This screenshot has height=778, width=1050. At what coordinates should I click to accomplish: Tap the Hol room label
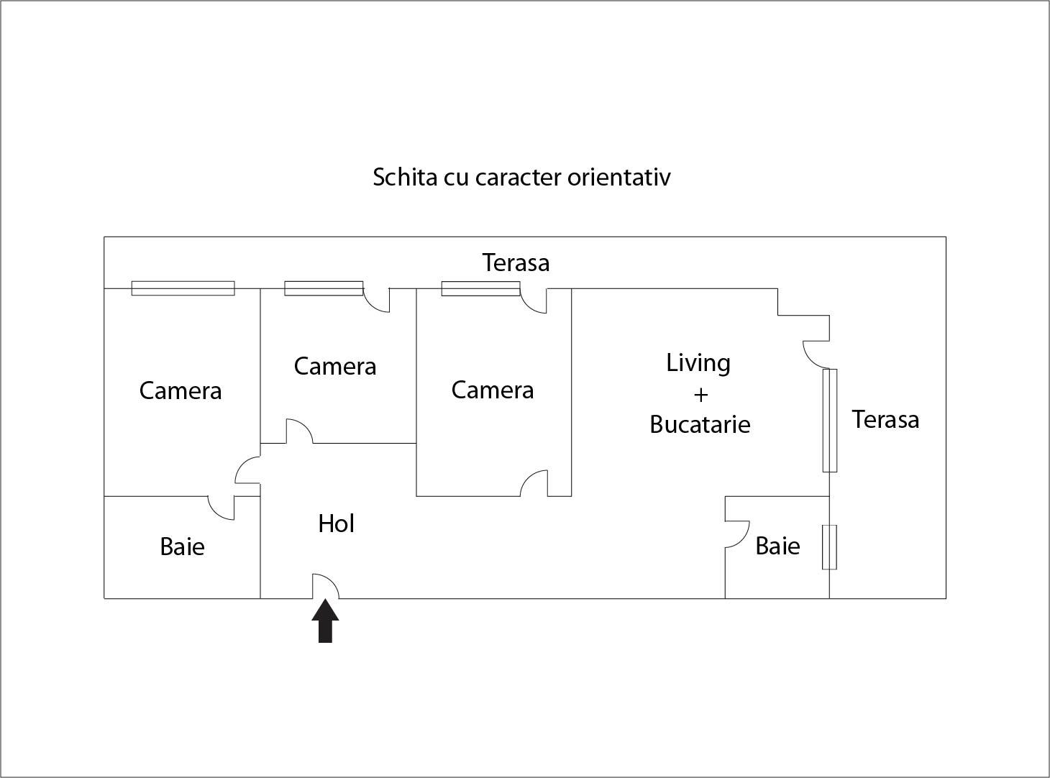(336, 523)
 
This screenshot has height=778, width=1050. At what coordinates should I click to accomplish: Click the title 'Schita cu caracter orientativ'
(521, 177)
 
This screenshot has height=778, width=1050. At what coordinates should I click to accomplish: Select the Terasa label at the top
(516, 262)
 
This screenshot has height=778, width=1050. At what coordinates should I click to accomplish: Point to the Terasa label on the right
(885, 419)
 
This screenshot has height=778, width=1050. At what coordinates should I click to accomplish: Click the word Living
(698, 362)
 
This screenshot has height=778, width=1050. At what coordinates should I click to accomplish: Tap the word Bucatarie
(700, 424)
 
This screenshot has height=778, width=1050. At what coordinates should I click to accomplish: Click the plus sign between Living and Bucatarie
(700, 395)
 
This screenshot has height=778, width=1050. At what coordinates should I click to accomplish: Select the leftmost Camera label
(180, 390)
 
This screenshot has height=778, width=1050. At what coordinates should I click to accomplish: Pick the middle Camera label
(334, 366)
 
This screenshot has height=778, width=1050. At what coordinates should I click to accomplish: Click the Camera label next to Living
(492, 390)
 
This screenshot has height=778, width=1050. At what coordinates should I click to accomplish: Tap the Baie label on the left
(182, 546)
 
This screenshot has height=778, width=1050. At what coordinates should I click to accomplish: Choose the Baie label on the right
(777, 546)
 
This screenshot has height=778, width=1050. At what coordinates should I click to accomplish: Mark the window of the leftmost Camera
(183, 288)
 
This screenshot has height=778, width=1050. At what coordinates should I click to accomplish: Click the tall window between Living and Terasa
(829, 420)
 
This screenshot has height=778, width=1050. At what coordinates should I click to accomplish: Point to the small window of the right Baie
(829, 547)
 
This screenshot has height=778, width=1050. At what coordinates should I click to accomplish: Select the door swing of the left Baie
(221, 507)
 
